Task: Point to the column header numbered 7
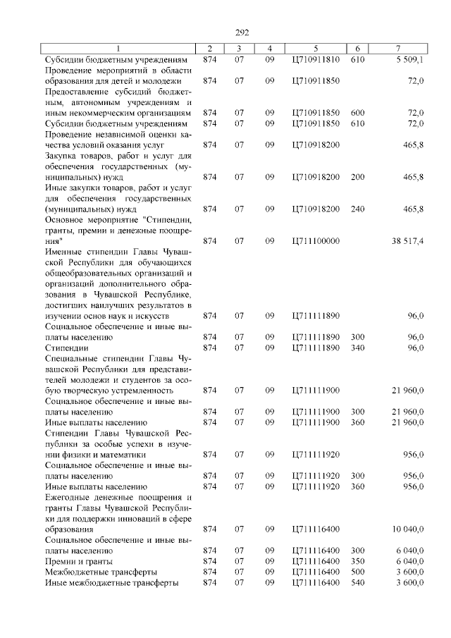pos(398,48)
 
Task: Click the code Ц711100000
pos(315,241)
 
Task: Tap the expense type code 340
pos(357,348)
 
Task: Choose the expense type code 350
pos(357,560)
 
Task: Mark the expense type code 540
pos(357,582)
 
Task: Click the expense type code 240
pos(357,209)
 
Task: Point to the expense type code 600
pos(357,113)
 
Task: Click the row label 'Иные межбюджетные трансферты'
pos(111,582)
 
